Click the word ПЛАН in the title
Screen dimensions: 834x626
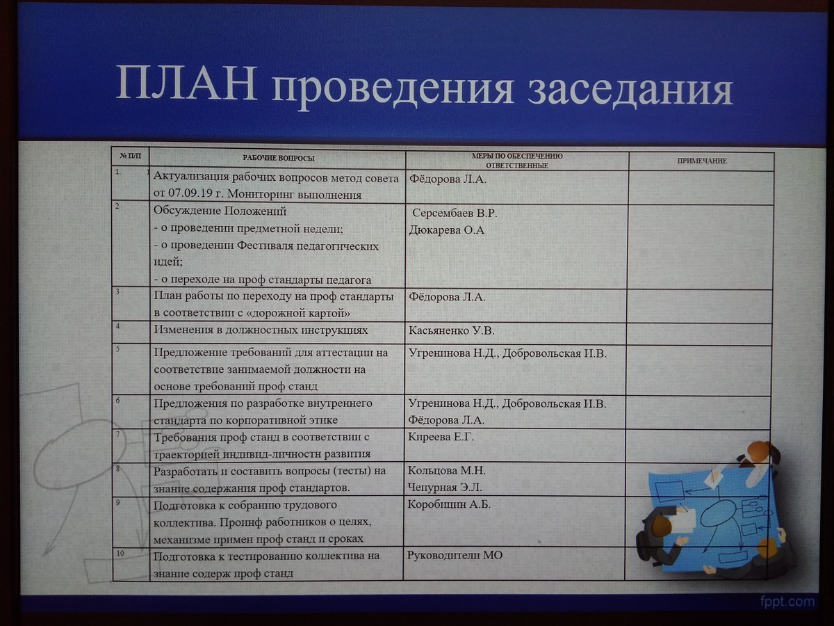(x=186, y=83)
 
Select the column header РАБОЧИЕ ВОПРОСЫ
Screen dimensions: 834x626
(x=279, y=158)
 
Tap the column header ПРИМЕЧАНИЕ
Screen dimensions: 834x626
(x=702, y=161)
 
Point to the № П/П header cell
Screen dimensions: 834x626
(x=131, y=156)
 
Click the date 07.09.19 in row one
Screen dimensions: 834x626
(x=190, y=193)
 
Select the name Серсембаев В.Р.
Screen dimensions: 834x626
(x=455, y=214)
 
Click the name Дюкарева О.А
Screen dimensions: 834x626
(x=447, y=230)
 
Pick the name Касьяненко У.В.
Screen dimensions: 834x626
(x=451, y=330)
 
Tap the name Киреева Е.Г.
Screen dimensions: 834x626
(x=441, y=437)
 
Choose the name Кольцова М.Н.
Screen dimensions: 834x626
(x=446, y=471)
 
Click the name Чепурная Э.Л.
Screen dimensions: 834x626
(x=445, y=488)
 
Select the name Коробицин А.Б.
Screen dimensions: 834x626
(x=449, y=504)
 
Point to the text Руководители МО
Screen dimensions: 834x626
(x=455, y=555)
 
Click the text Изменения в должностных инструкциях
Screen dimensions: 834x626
(x=261, y=330)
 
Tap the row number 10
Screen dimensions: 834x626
(x=120, y=553)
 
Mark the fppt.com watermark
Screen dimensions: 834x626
(x=787, y=601)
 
